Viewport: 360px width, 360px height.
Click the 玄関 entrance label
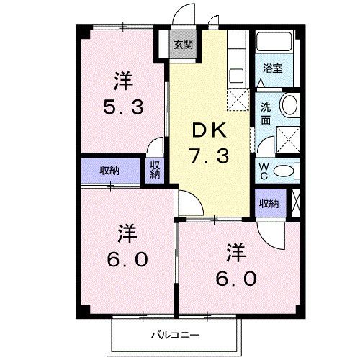tap(182, 45)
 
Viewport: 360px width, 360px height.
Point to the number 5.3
tap(125, 108)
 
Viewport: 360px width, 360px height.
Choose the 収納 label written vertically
tap(155, 170)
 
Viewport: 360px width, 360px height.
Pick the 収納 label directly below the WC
tap(269, 204)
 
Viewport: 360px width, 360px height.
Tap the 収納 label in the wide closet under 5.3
tap(109, 171)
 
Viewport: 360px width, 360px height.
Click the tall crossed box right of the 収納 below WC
tap(295, 203)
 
